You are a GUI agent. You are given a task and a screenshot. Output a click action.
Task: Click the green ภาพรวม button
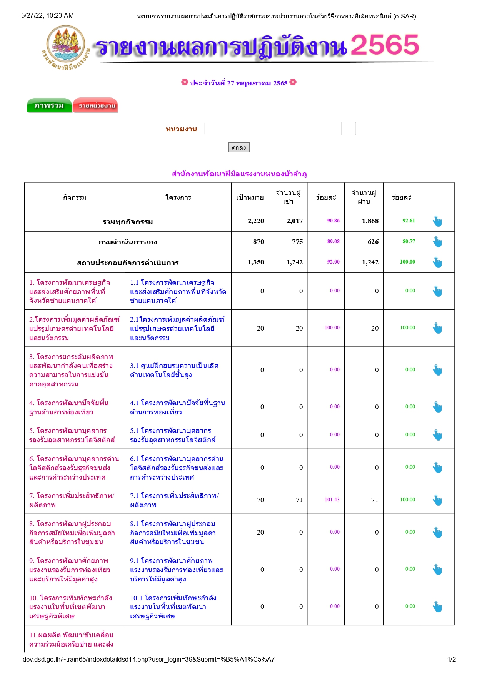[49, 105]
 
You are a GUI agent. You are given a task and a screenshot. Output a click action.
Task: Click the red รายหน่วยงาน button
[95, 105]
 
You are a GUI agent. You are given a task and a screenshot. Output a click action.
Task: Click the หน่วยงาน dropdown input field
[273, 129]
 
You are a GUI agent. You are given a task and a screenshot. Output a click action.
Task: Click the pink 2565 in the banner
[385, 45]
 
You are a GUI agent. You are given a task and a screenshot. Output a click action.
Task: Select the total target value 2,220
[256, 221]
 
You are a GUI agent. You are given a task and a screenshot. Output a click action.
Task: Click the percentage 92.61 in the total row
[409, 221]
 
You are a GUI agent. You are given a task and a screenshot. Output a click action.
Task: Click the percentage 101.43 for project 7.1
[332, 500]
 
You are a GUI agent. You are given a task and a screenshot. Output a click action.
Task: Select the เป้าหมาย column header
[250, 197]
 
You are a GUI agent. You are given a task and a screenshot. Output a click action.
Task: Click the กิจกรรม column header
[75, 197]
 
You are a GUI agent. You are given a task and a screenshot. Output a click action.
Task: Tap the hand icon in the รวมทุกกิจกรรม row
[437, 221]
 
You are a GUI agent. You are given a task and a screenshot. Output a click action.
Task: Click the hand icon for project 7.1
[437, 500]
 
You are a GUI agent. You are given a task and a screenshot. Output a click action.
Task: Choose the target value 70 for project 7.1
[260, 500]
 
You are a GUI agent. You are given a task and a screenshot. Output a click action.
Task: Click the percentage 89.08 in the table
[333, 242]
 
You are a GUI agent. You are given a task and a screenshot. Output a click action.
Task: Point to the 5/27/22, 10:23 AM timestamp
[47, 16]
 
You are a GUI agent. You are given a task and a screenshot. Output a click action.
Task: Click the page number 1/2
[452, 659]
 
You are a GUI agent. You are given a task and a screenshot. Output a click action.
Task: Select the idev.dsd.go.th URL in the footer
[148, 659]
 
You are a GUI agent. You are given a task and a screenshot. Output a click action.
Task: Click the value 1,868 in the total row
[370, 221]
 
